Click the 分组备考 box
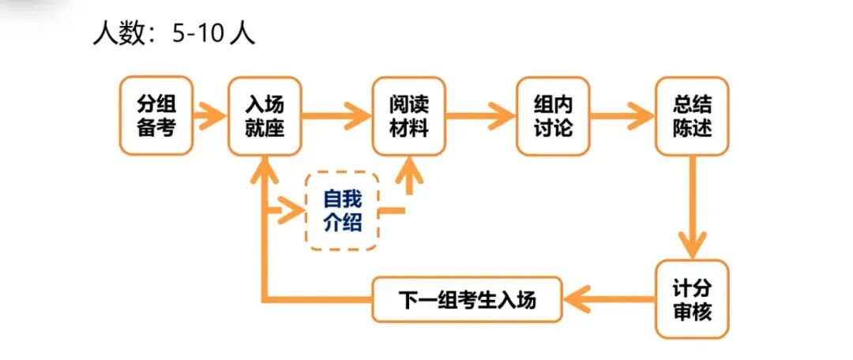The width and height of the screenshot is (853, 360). click(156, 115)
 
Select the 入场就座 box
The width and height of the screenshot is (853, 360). click(265, 115)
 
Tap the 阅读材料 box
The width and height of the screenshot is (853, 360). click(409, 115)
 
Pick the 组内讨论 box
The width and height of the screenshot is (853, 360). click(553, 115)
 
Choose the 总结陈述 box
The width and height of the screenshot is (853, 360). click(692, 115)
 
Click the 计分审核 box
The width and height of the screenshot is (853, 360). click(692, 298)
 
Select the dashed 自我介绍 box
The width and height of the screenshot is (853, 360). click(342, 211)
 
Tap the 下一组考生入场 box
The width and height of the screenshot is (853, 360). click(467, 299)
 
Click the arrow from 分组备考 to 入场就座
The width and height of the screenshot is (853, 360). click(210, 116)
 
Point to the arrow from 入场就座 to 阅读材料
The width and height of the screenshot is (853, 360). click(337, 116)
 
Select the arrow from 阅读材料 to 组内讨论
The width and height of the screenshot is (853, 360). click(481, 116)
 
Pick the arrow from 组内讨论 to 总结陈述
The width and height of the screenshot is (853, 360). click(622, 116)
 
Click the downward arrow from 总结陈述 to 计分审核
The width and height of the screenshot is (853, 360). click(693, 206)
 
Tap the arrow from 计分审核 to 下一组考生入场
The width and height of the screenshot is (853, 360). click(608, 299)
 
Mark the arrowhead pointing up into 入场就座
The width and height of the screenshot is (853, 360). click(265, 167)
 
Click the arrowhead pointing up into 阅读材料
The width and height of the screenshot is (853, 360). click(409, 167)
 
